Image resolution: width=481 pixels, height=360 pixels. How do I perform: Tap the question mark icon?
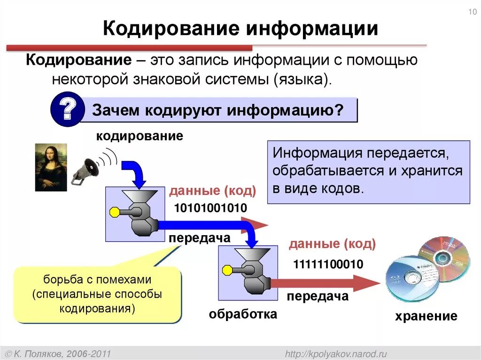tap(65, 109)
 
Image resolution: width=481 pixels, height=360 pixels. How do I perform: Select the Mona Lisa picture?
tap(51, 167)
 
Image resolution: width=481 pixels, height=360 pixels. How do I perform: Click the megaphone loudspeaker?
tap(87, 169)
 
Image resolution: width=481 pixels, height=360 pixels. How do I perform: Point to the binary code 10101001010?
tap(210, 208)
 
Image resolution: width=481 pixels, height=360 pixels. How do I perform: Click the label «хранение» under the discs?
tap(426, 316)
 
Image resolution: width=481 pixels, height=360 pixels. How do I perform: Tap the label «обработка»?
tap(243, 314)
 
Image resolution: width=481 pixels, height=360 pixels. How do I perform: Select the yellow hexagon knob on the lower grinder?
tap(227, 270)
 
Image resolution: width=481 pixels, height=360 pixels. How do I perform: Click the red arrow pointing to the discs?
tap(329, 283)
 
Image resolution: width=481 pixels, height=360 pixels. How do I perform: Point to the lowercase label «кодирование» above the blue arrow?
tap(140, 136)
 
